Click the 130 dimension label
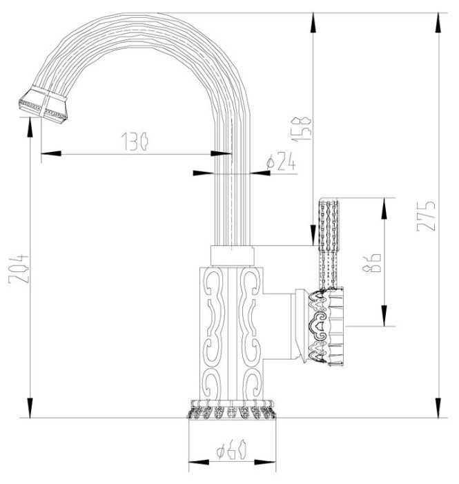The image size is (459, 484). pyautogui.click(x=135, y=142)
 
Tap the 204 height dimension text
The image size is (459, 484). pyautogui.click(x=19, y=269)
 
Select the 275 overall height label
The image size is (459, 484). pyautogui.click(x=426, y=215)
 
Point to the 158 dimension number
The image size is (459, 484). pyautogui.click(x=301, y=129)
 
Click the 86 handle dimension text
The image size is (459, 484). pyautogui.click(x=372, y=262)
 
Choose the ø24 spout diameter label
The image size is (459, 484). pyautogui.click(x=281, y=161)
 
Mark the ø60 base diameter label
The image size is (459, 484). pyautogui.click(x=231, y=449)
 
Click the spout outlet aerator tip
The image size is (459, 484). pyautogui.click(x=43, y=104)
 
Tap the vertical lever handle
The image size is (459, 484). pyautogui.click(x=329, y=244)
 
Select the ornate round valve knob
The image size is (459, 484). pyautogui.click(x=325, y=327)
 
